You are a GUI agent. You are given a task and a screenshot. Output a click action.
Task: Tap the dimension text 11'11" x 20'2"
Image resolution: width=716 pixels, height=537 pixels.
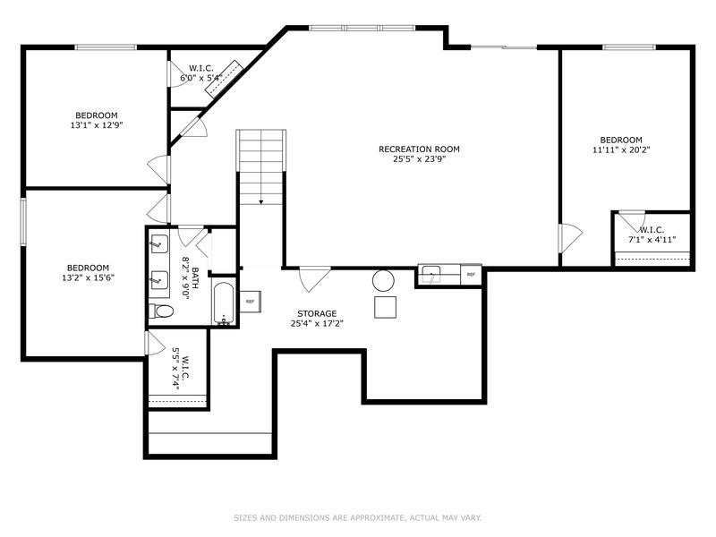pos(620,150)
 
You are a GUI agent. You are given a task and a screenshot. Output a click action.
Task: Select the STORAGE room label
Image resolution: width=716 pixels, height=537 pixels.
pos(317,313)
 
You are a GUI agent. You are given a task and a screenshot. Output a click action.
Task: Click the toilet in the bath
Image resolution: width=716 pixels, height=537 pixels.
pos(162,311)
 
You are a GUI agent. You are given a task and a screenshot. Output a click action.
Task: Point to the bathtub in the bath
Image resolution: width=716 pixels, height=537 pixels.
pos(224,304)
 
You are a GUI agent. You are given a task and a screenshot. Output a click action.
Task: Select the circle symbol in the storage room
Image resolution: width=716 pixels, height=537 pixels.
pos(383,280)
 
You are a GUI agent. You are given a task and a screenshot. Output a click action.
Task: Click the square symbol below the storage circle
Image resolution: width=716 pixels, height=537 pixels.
pos(386,307)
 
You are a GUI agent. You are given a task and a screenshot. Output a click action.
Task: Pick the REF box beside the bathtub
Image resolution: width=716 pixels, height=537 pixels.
pos(250,302)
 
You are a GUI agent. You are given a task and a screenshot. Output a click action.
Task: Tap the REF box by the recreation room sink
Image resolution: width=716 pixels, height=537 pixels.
pos(471,275)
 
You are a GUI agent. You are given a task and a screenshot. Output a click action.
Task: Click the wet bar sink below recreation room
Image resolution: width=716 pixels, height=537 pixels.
pos(430,274)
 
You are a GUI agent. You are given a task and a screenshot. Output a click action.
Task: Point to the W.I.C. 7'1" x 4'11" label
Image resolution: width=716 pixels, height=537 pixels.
pos(652,234)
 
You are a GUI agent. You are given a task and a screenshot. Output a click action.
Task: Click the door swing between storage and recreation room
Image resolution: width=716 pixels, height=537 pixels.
pos(313,279)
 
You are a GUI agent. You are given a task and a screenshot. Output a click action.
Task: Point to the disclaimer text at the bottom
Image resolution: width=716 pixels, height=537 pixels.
pos(357,517)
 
